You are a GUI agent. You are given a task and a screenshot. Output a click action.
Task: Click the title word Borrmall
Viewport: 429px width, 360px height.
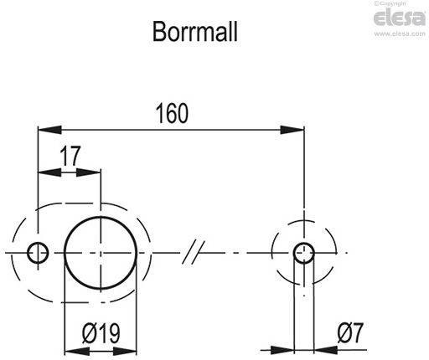[196, 32]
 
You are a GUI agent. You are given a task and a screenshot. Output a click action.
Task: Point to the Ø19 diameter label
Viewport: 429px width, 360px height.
[100, 333]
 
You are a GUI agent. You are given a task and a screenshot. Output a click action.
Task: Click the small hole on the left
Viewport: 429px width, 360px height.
[38, 252]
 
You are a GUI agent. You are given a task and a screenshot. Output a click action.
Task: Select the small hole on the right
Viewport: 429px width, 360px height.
[304, 251]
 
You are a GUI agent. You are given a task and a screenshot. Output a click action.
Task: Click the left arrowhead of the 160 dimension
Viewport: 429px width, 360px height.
[49, 129]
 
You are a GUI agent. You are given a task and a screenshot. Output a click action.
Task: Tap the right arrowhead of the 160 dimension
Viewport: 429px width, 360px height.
[292, 129]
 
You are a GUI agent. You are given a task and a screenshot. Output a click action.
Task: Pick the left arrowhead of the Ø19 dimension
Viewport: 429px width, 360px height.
[75, 348]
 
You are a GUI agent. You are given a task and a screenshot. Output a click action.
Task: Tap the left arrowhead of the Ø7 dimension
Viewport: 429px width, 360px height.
[286, 348]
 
